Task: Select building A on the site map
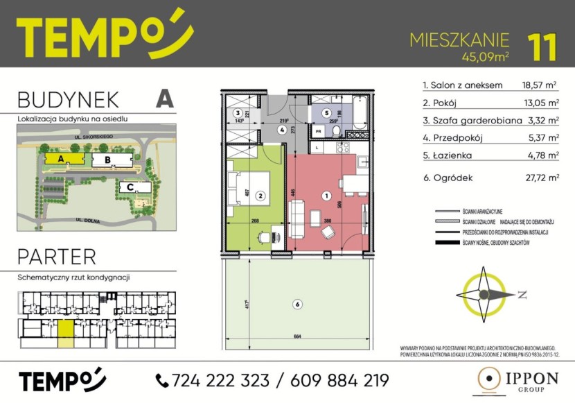coord(61,159)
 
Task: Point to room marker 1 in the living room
coord(326,196)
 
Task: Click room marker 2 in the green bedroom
coord(260,196)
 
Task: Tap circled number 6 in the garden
coord(297,304)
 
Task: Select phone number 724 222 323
coord(213,380)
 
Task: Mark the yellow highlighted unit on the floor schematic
coord(64,332)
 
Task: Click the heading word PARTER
coord(57,257)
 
